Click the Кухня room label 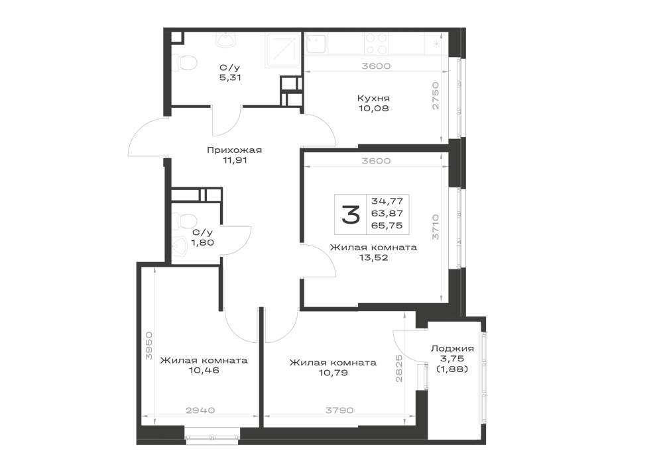pos(373,99)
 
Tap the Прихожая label pos(234,150)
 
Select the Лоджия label pos(452,349)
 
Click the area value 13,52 pos(373,257)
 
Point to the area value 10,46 pos(204,371)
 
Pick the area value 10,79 pos(333,373)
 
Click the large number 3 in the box pos(351,214)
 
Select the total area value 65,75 pos(387,225)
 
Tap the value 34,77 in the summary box pos(387,201)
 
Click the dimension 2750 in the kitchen pos(436,95)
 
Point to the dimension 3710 pos(436,227)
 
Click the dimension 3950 pos(148,346)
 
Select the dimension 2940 pos(200,410)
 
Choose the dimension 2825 pos(399,368)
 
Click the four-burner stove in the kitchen pos(377,44)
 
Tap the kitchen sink pos(316,43)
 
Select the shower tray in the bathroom pos(283,50)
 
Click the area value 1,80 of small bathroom pos(202,242)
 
